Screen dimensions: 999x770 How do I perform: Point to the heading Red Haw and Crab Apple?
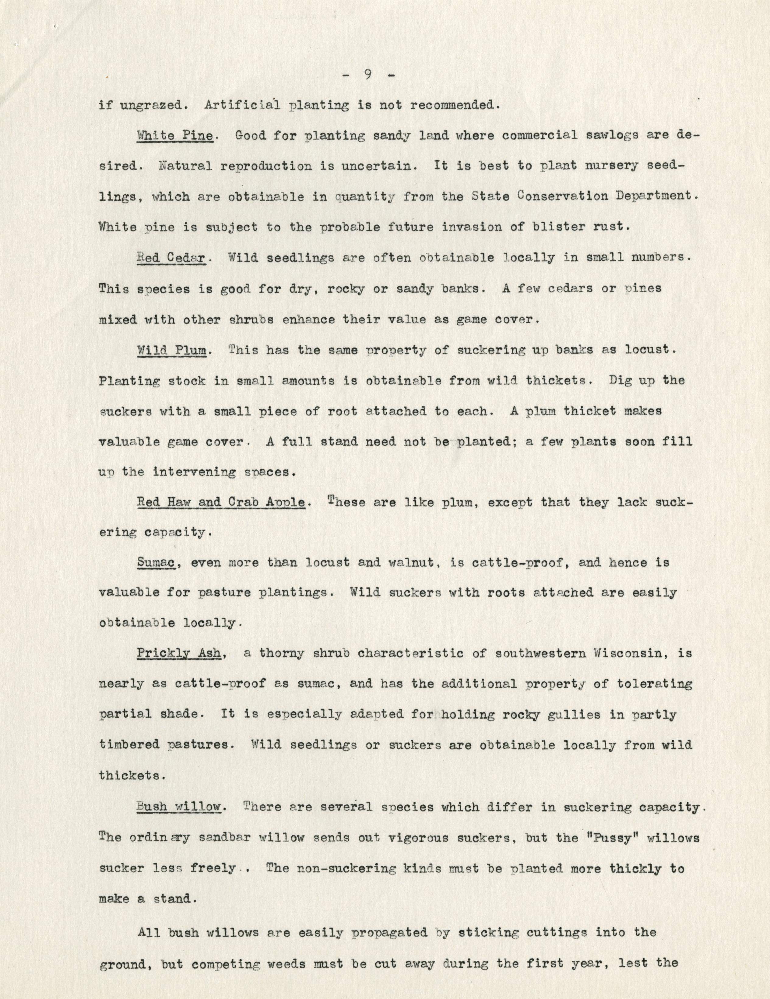[221, 502]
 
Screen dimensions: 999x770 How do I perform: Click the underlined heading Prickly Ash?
[179, 653]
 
